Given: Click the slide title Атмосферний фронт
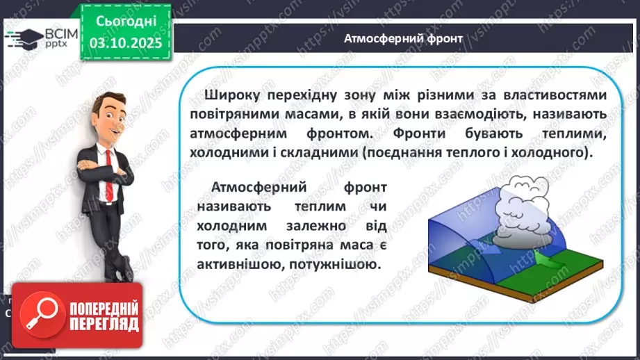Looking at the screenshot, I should coord(402,38).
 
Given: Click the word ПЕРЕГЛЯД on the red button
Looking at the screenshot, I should coord(104,323).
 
